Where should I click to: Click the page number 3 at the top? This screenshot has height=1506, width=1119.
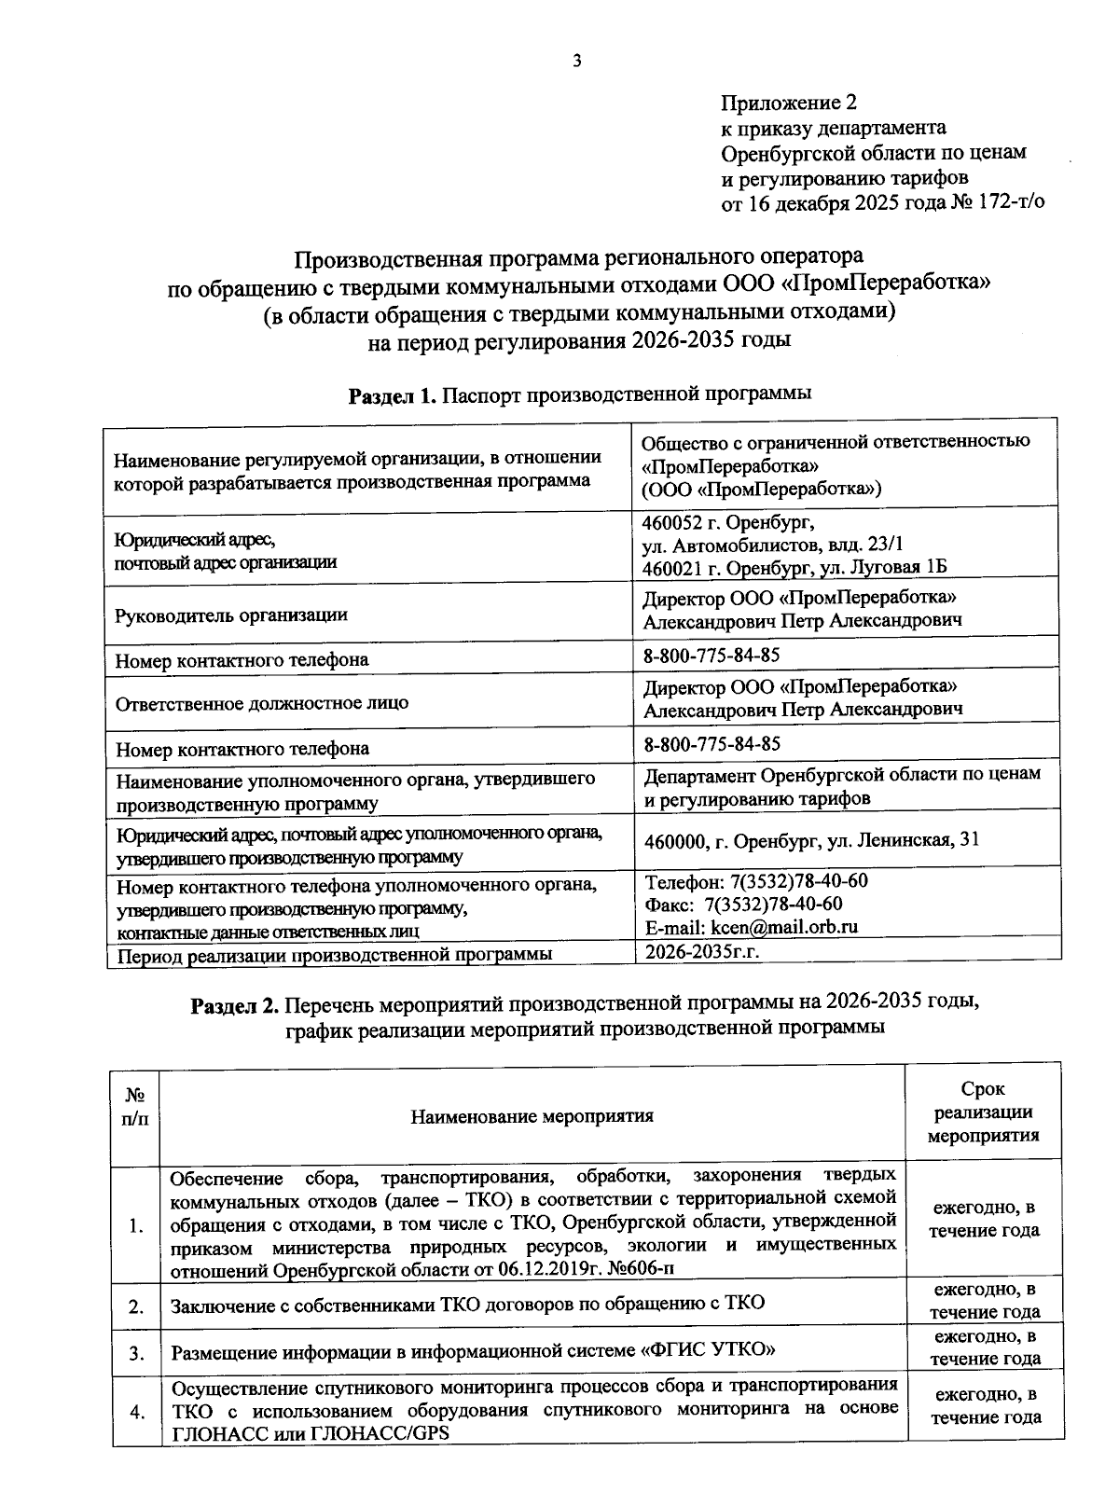[x=576, y=62]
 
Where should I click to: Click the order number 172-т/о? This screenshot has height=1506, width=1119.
[x=1010, y=201]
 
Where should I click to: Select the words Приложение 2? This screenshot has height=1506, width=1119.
[x=788, y=102]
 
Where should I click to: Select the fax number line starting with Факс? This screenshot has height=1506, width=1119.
[x=743, y=904]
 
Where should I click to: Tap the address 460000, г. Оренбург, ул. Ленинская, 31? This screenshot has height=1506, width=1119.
[x=811, y=840]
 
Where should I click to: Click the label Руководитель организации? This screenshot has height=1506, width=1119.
[x=230, y=615]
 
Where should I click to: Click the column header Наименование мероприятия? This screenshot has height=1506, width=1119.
[x=532, y=1116]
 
